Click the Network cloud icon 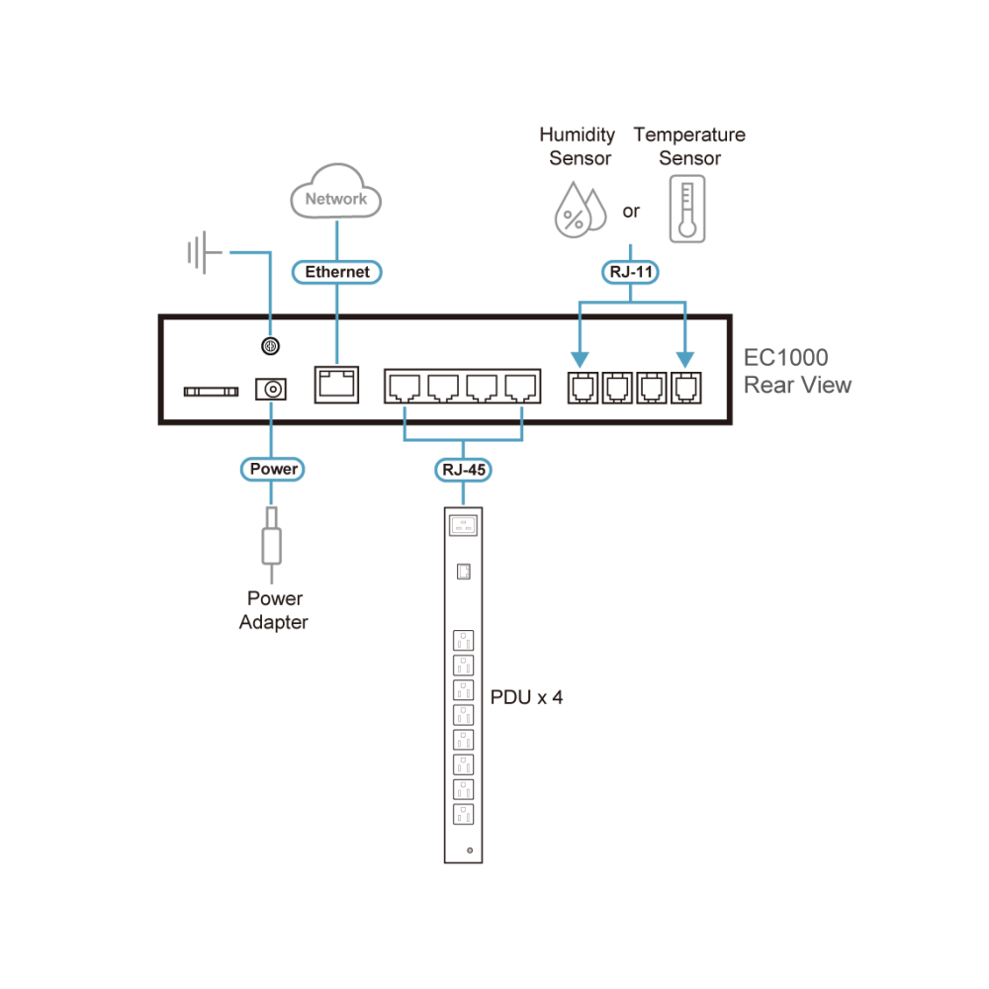335,192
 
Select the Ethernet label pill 337,272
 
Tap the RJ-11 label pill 630,272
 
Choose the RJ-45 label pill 463,470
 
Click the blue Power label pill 273,469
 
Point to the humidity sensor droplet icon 580,210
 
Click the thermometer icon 687,209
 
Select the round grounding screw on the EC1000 271,345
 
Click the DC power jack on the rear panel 271,389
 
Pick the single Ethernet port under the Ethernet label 337,385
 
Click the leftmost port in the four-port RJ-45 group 405,388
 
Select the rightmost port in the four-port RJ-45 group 521,388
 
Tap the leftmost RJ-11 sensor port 583,388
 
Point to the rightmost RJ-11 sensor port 685,388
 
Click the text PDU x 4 526,697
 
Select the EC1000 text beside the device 785,358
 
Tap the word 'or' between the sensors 631,212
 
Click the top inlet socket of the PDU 463,525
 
